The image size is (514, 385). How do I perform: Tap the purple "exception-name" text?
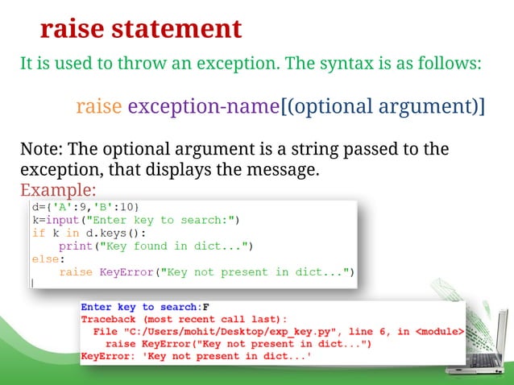202,106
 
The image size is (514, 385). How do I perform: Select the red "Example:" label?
57,191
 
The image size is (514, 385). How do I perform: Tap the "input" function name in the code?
62,219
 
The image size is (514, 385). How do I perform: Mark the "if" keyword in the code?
39,232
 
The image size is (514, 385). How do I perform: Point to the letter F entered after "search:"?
206,307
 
